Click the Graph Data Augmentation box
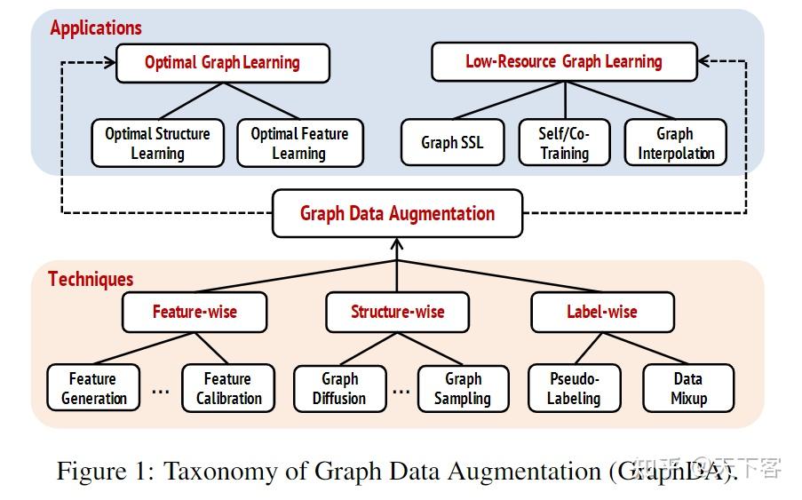[397, 213]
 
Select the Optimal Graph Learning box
[222, 63]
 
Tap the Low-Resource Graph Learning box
[563, 62]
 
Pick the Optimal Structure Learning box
[157, 143]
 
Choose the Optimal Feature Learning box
[299, 143]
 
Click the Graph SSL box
[452, 142]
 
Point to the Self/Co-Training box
[564, 142]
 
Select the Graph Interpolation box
[675, 142]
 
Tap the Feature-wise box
[195, 313]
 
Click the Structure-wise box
[397, 313]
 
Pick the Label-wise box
[601, 313]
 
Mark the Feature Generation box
[93, 388]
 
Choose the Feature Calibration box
[228, 388]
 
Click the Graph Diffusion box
[339, 388]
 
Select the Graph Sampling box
[463, 388]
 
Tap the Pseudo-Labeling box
[573, 388]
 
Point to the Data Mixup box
[688, 388]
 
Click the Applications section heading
[95, 28]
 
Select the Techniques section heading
[91, 279]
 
